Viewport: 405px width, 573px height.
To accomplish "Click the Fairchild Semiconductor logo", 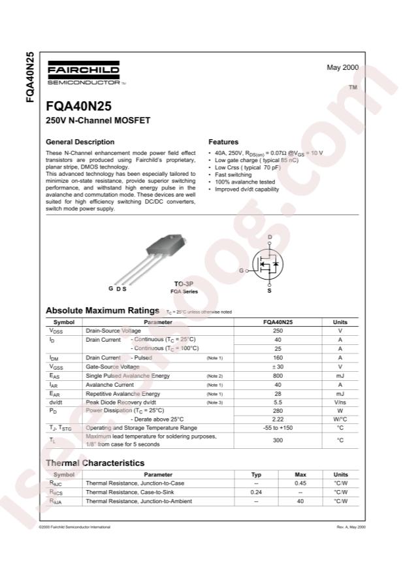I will (83, 73).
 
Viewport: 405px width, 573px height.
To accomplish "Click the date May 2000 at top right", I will (342, 67).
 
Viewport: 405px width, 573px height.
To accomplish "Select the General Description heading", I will (80, 142).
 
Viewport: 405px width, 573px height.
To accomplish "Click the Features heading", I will (223, 142).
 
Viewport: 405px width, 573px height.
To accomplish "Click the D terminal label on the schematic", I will (270, 237).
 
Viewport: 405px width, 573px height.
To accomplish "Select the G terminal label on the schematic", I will (241, 270).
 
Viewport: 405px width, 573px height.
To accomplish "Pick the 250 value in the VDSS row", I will (278, 331).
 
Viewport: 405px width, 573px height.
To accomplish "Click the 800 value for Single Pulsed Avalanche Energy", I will (278, 376).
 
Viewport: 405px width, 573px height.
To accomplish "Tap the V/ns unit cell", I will (340, 402).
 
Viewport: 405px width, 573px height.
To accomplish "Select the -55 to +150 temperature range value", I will (278, 428).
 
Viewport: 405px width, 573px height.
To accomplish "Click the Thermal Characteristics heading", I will (95, 463).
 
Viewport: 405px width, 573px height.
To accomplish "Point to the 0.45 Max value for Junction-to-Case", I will (300, 483).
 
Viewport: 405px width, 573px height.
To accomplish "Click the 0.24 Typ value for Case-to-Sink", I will (256, 492).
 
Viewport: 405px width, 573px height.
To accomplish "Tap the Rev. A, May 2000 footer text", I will (351, 526).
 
